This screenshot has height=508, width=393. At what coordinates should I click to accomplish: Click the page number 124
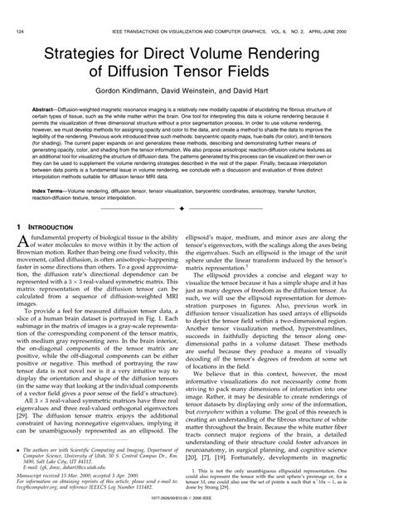[17, 8]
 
